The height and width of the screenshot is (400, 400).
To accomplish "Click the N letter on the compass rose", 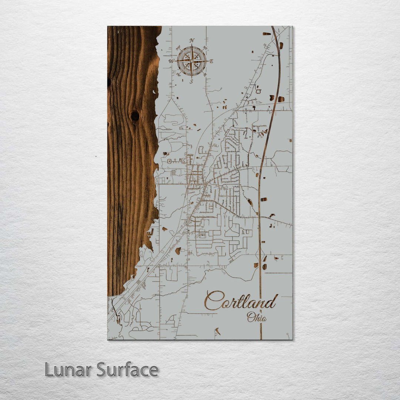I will (191, 40).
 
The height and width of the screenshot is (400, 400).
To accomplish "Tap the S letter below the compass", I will (191, 82).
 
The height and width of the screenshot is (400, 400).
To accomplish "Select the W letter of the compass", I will (171, 61).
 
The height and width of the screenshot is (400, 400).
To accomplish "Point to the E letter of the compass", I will (211, 61).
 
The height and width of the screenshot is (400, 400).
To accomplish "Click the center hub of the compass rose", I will (191, 61).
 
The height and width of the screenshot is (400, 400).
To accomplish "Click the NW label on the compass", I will (178, 47).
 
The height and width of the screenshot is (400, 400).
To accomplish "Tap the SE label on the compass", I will (205, 74).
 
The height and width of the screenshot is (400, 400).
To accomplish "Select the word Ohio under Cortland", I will (256, 317).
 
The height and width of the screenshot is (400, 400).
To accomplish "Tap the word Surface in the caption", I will (127, 370).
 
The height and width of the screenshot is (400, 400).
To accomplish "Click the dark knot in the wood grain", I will (135, 116).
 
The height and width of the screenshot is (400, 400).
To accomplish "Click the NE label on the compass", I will (205, 47).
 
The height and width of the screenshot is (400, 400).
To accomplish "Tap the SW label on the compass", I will (178, 74).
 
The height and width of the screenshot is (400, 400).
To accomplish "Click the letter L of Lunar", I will (49, 370).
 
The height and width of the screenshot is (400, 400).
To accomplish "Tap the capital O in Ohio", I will (251, 317).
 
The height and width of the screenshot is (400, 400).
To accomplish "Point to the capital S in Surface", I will (101, 370).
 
